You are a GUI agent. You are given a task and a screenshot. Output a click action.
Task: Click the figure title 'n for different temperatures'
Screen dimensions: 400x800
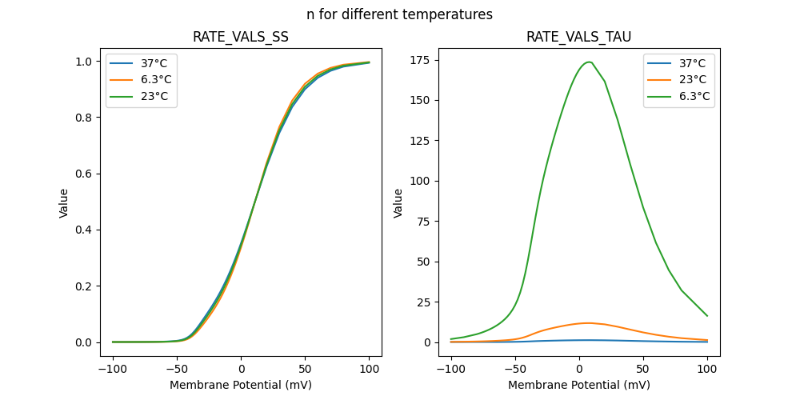[399, 14]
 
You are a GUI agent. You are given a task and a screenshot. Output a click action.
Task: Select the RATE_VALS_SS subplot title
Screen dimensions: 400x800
[241, 37]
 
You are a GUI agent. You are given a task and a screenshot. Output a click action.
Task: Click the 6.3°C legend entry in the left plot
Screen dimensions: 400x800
[156, 80]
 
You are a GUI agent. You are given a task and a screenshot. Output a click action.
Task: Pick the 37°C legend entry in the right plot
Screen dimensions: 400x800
[693, 63]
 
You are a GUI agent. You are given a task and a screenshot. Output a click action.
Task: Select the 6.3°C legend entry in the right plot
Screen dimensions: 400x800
[695, 97]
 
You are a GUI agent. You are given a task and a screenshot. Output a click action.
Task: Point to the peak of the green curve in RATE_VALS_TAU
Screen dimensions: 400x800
[589, 62]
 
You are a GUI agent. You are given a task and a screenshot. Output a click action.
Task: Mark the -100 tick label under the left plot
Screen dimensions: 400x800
[113, 369]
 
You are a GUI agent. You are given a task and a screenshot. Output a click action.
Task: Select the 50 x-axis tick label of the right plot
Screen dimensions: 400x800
[643, 369]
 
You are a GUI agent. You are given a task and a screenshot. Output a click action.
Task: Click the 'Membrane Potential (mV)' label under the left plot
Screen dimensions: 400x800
[241, 385]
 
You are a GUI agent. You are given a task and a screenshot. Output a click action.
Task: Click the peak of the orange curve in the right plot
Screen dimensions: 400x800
[588, 323]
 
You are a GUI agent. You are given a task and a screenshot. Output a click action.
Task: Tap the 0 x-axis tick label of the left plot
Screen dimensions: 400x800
[241, 369]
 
